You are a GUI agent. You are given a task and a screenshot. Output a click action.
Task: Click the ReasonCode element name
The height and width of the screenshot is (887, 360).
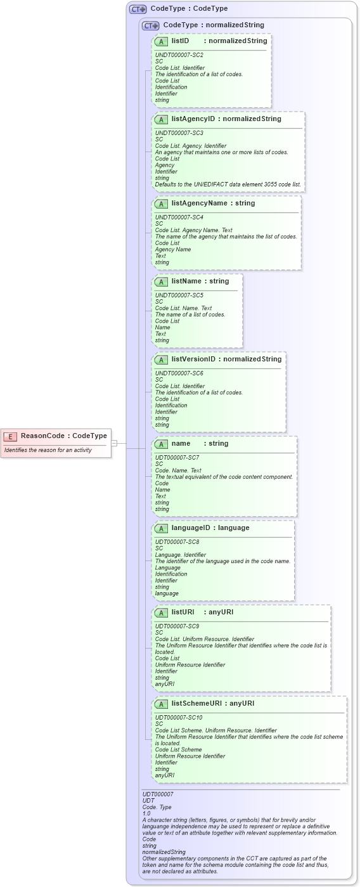45,436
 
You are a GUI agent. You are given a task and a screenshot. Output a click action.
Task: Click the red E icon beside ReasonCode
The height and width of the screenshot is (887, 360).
11,436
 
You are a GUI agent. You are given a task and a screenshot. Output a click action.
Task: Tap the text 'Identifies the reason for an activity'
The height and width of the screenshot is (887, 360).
48,450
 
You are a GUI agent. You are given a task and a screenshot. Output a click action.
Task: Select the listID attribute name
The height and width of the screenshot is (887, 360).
180,41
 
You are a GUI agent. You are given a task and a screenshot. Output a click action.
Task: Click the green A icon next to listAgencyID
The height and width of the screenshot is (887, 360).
162,119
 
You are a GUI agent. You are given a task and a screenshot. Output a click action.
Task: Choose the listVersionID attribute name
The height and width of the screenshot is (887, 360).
193,359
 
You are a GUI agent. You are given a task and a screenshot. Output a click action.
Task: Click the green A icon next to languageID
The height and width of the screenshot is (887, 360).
162,528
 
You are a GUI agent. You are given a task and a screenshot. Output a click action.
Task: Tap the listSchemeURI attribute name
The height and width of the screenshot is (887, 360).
198,703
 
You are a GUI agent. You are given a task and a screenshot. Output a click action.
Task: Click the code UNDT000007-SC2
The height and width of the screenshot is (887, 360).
179,55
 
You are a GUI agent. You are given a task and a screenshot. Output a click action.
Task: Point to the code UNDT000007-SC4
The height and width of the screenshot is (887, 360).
179,217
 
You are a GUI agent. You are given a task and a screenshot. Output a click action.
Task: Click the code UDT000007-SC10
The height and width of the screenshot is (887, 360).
179,718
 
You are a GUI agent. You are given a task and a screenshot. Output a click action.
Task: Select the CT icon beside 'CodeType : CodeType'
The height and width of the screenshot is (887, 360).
138,10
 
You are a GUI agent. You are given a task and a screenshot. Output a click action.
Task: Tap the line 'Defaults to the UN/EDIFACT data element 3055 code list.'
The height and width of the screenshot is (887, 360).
228,185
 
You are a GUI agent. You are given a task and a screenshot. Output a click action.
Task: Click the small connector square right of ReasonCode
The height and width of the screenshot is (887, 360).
115,443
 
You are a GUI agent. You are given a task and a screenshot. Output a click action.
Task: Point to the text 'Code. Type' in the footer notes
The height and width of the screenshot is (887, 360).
157,807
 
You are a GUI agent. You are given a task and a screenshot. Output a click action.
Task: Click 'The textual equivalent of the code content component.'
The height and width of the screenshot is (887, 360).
224,477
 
